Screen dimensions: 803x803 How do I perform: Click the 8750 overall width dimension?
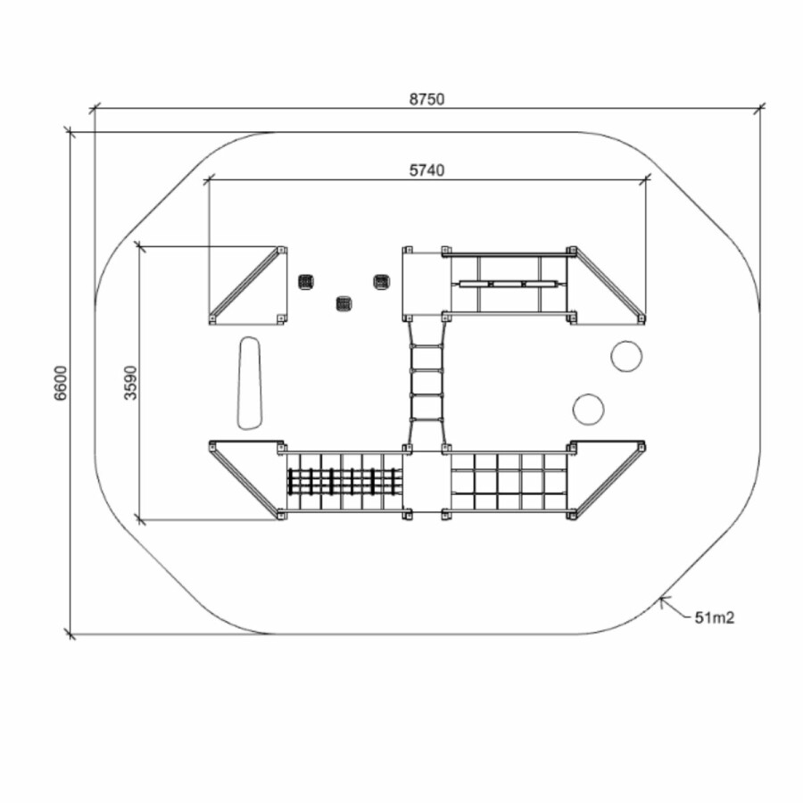coord(426,99)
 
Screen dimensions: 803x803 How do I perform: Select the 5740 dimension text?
coord(426,170)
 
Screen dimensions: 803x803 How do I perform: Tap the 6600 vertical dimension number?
coord(61,383)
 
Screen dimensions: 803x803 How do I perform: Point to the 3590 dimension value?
coord(130,383)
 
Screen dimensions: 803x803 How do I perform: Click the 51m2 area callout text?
coord(714,617)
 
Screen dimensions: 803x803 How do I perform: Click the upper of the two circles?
coord(625,356)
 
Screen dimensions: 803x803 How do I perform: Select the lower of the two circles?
coord(588,410)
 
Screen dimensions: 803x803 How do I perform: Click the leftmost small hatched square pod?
coord(306,281)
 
